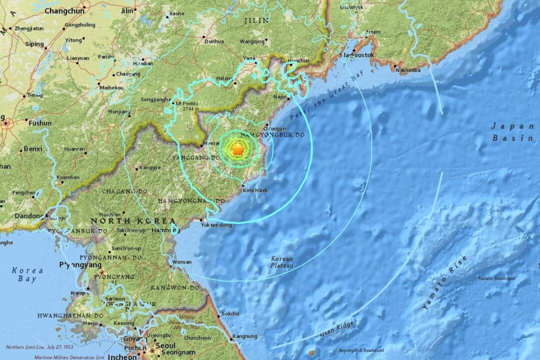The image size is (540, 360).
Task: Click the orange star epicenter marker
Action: [x=238, y=149]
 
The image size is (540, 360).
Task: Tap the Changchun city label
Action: [x=65, y=10]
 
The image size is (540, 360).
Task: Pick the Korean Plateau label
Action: [x=281, y=263]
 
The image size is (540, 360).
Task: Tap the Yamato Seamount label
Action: [x=496, y=278]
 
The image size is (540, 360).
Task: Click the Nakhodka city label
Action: [x=407, y=70]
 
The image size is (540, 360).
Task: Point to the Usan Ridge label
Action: [x=338, y=329]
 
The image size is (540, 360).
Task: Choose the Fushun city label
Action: [x=40, y=123]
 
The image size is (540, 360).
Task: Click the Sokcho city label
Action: [x=230, y=313]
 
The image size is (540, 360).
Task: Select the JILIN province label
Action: [x=255, y=21]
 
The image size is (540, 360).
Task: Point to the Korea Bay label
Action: [x=28, y=274]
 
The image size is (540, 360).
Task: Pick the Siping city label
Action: [x=35, y=44]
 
